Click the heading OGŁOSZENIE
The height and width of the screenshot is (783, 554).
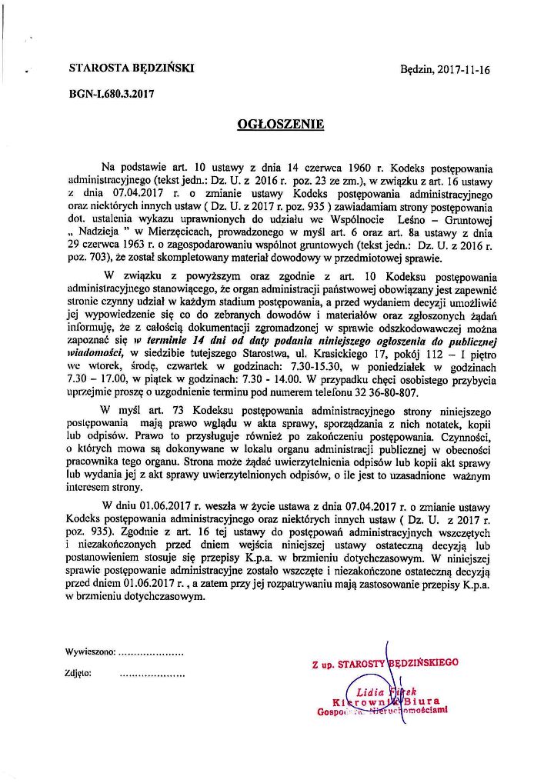tap(280, 123)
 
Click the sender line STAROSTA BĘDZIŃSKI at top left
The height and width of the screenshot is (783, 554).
tap(132, 68)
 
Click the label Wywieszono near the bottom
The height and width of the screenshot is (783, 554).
tap(90, 652)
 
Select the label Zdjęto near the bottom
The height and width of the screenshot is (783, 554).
tap(79, 673)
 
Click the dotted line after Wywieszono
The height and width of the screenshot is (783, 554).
tap(152, 653)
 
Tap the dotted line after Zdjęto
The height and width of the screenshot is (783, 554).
tap(153, 674)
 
